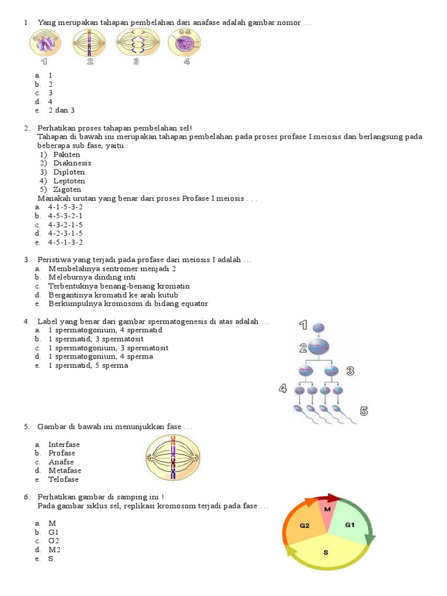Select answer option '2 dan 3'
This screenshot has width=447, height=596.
(61, 110)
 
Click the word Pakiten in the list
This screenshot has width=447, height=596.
(66, 155)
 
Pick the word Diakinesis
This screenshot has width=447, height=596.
(72, 164)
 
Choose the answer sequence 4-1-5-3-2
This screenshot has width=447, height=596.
(65, 207)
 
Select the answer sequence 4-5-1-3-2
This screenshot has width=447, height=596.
(65, 242)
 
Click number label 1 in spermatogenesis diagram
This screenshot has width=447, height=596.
(303, 325)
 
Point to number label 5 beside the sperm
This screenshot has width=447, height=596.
(364, 411)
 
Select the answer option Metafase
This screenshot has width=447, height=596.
(65, 470)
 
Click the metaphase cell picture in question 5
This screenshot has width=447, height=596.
(173, 458)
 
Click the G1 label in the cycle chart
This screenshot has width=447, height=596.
(350, 525)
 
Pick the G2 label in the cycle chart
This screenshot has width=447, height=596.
(304, 526)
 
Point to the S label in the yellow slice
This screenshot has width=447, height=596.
(326, 552)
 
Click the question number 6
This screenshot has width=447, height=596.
(27, 497)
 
